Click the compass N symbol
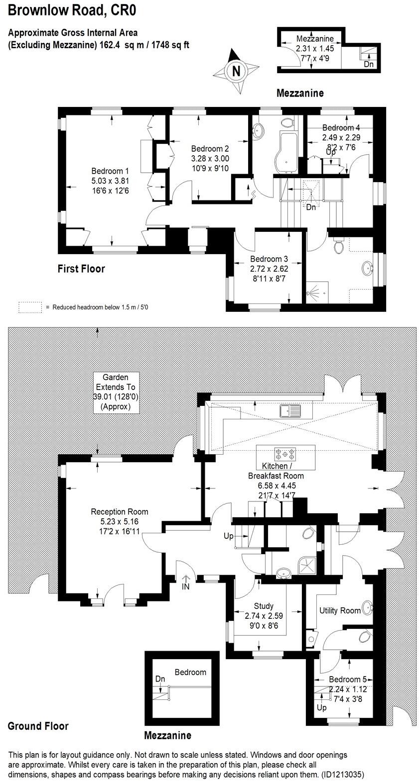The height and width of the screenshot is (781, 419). [x=237, y=71]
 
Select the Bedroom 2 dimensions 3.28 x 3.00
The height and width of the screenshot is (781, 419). [x=210, y=158]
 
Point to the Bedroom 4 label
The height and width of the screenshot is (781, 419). [x=341, y=128]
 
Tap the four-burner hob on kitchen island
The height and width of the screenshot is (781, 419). [x=285, y=453]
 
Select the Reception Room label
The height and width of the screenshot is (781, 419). [x=120, y=511]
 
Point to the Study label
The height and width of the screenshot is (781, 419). [x=264, y=606]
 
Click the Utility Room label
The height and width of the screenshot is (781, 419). [x=340, y=610]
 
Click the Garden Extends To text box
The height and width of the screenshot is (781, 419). [x=116, y=392]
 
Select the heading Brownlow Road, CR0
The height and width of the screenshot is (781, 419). [x=72, y=10]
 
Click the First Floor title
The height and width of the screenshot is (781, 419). [x=81, y=269]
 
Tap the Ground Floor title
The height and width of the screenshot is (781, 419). [x=38, y=726]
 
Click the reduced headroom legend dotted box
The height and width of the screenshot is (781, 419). [x=30, y=307]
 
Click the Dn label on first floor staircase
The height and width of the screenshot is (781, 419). [x=311, y=207]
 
